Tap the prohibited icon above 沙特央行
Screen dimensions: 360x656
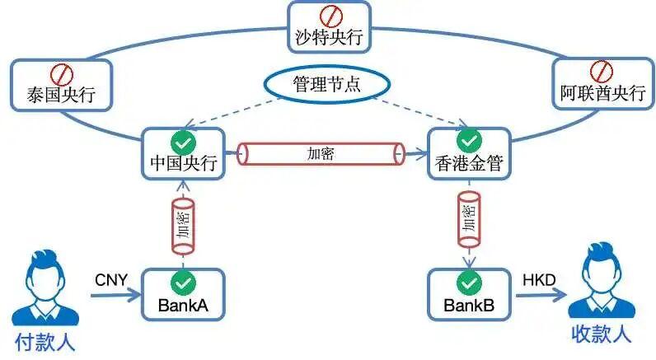[329, 15]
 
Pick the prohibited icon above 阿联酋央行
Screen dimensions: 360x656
[603, 68]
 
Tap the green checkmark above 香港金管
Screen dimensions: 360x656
[469, 139]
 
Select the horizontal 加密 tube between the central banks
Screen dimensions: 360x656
[321, 153]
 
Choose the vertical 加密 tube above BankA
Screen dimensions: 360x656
[182, 224]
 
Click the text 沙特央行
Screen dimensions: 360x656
[329, 37]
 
